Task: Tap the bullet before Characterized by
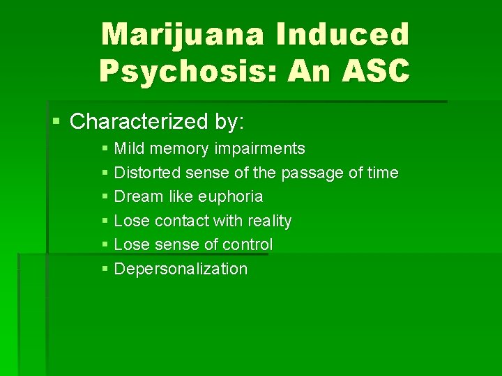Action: (x=56, y=123)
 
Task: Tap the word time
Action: (x=382, y=173)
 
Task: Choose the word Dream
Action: (x=136, y=196)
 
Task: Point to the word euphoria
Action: (x=231, y=196)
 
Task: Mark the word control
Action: (x=248, y=244)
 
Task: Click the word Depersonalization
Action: (x=181, y=269)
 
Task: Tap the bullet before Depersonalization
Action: (x=105, y=269)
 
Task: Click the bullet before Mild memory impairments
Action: (x=105, y=148)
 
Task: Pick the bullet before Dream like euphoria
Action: (x=105, y=196)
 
